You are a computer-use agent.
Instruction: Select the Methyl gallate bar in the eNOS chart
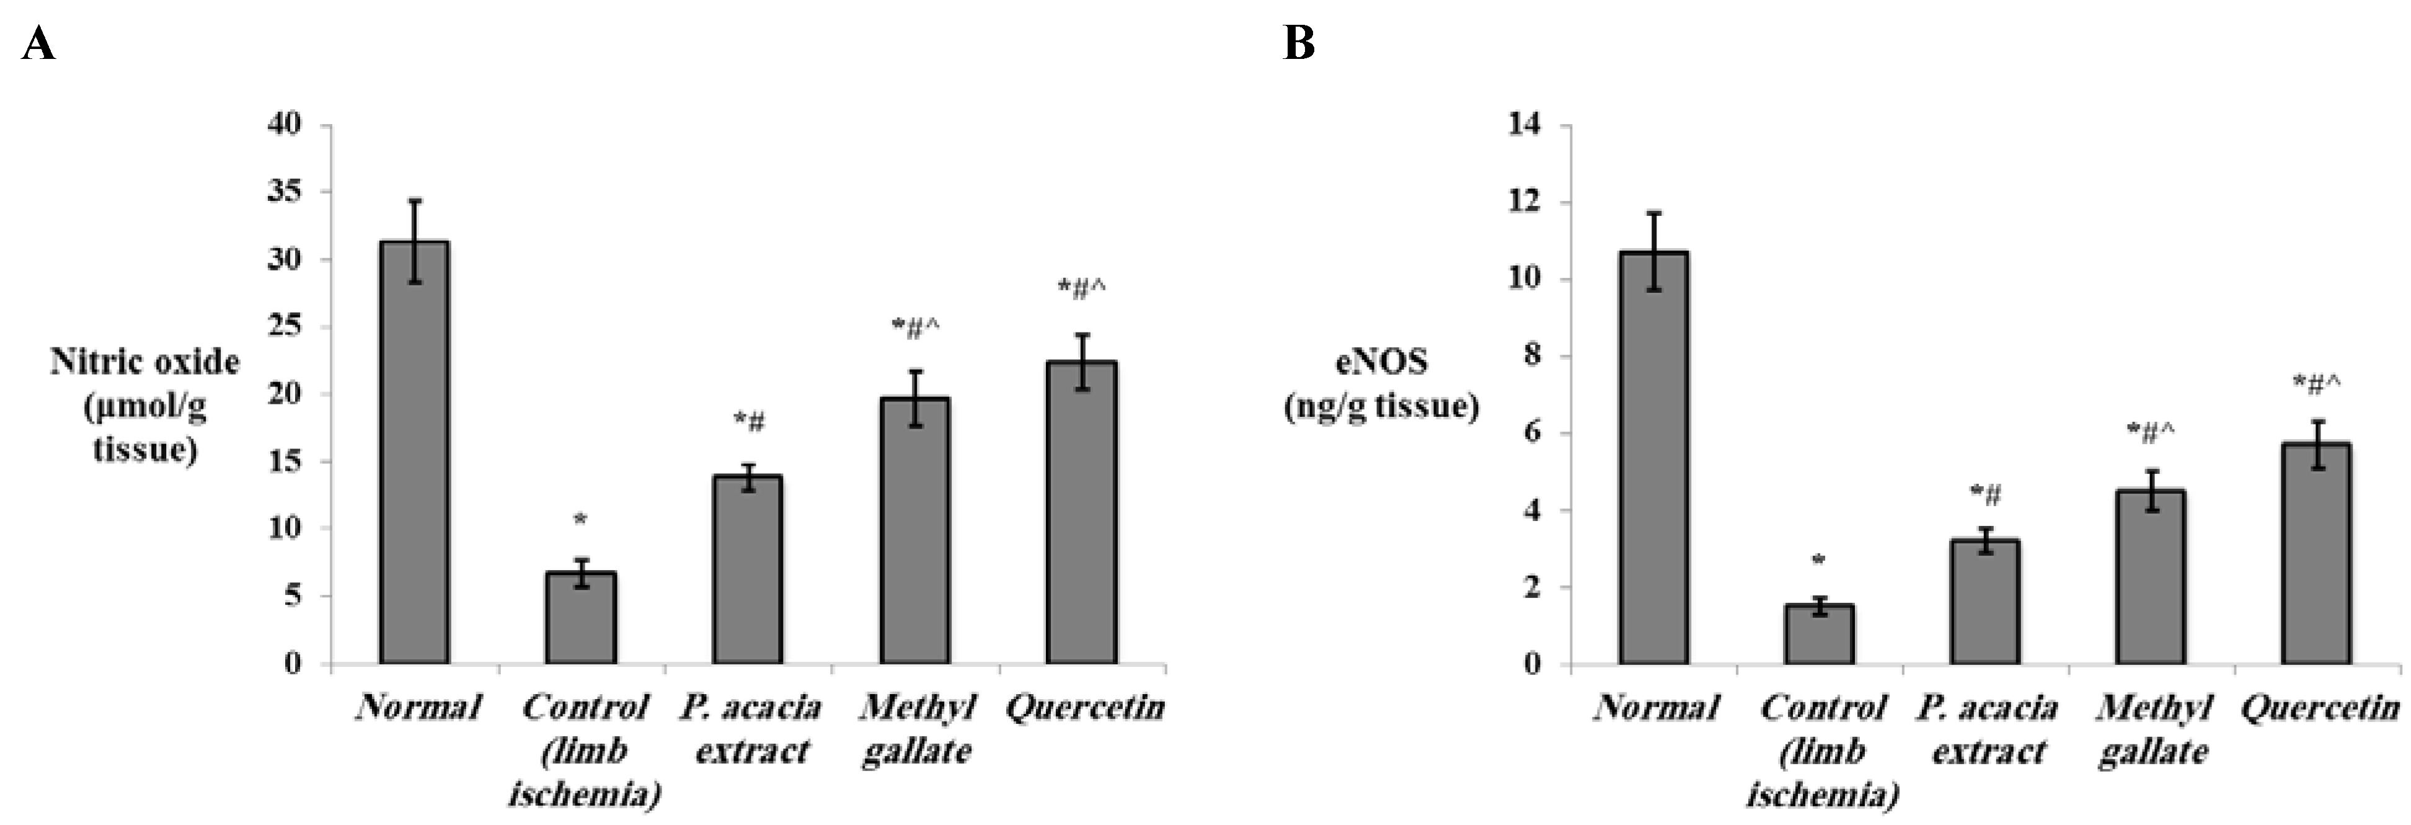pos(2151,577)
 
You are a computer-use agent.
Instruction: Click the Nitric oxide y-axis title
pos(144,406)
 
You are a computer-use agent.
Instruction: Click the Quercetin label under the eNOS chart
pos(2319,707)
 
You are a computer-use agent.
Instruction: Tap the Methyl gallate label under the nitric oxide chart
pos(916,729)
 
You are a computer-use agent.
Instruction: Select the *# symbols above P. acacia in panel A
pos(749,423)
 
